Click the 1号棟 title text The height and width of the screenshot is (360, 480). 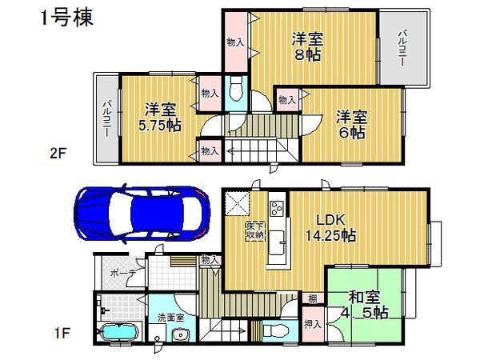pos(66,18)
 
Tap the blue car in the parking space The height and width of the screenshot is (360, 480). pos(142,214)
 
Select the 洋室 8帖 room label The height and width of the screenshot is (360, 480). pos(307,46)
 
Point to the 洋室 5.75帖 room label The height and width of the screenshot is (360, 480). pos(160,117)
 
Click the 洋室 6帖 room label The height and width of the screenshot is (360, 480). pos(351,124)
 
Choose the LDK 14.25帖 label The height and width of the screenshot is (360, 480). pos(330,227)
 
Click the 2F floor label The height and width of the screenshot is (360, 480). pos(58,153)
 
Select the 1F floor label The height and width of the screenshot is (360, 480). pos(62,333)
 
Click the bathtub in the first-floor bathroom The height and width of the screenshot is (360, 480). pos(120,332)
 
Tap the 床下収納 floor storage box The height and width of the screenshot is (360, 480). pos(255,231)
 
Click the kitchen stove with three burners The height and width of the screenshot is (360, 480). pos(277,208)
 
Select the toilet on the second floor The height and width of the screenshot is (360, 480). pos(236,89)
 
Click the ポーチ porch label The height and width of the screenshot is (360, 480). pos(122,273)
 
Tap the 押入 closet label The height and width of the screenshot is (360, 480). pos(313,324)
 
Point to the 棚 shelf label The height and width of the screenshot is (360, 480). pos(312,298)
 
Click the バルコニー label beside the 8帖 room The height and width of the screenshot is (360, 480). pos(402,47)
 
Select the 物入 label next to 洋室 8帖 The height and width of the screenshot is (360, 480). pos(235,42)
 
